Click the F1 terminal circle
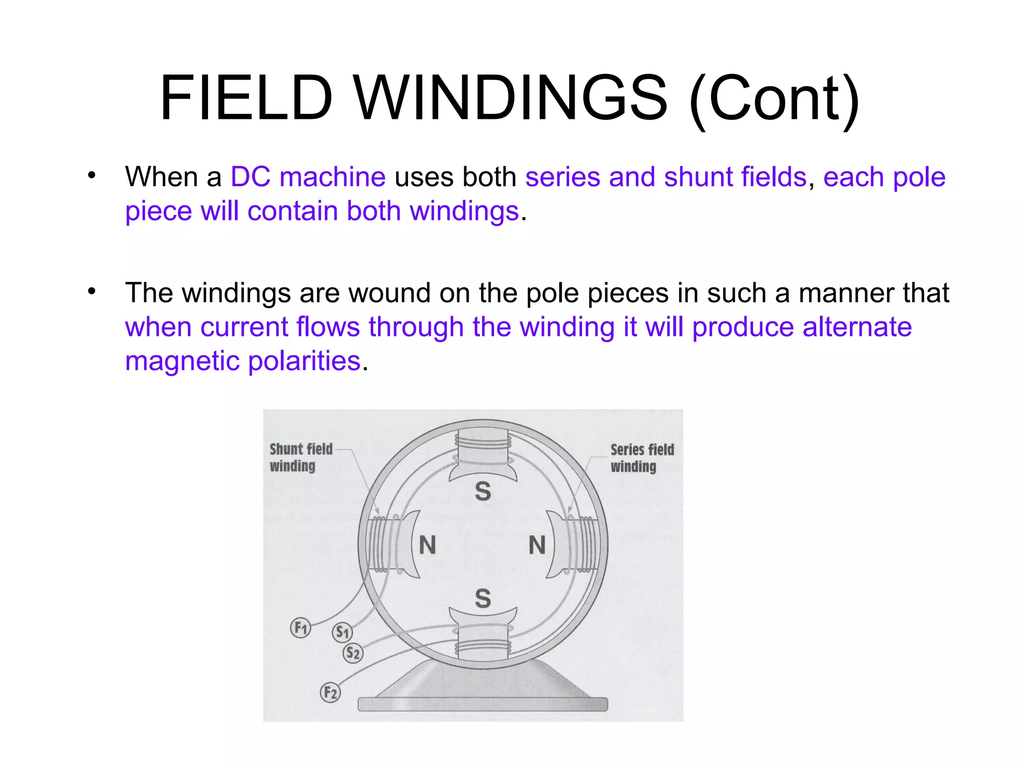point(301,628)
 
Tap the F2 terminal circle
point(330,692)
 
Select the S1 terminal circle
point(342,632)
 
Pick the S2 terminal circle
point(353,653)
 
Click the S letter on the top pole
point(483,491)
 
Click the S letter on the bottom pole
point(483,598)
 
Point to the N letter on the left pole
point(427,545)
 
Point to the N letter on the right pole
point(537,545)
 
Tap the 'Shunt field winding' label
point(301,457)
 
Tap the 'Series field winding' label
point(642,458)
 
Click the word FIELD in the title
point(246,98)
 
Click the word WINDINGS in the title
point(510,98)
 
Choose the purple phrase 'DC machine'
point(308,177)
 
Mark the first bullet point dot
point(92,175)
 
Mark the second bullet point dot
point(92,291)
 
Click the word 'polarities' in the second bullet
point(304,361)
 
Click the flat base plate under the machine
point(483,704)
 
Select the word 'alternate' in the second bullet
point(857,327)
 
